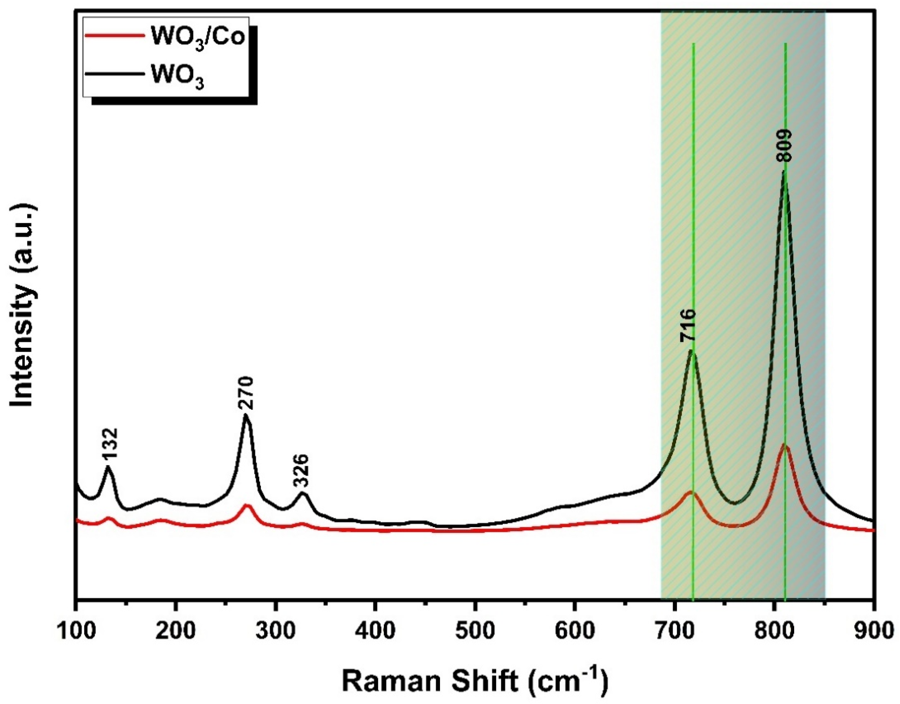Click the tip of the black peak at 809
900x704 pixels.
[784, 171]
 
